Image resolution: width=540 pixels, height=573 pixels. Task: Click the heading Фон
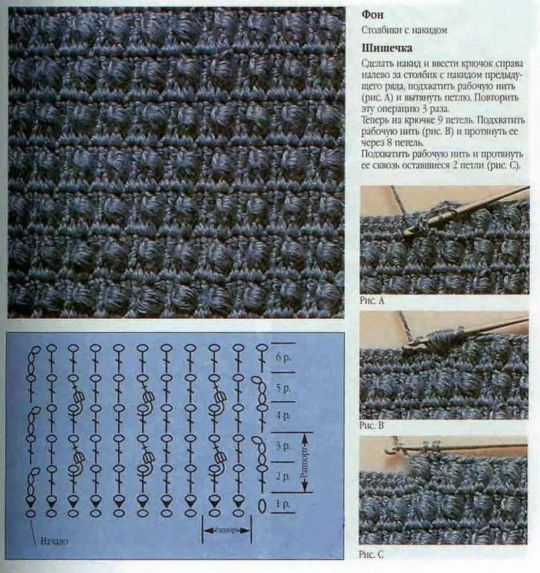click(373, 15)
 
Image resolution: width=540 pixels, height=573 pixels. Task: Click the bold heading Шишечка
click(387, 48)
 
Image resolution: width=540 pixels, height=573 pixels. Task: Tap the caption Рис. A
click(372, 301)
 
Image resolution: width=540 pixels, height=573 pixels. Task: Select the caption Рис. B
click(371, 425)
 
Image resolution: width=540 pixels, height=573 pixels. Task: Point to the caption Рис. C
click(371, 554)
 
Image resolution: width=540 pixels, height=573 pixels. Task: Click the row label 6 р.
click(283, 357)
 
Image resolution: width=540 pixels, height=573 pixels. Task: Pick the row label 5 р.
click(283, 388)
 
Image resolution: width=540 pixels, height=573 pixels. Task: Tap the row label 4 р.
click(283, 416)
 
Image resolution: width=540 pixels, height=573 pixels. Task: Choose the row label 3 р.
click(283, 446)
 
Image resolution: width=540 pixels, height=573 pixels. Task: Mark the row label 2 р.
click(283, 476)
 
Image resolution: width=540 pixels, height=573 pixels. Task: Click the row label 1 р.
click(282, 504)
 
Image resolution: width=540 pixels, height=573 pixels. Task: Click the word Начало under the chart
click(54, 541)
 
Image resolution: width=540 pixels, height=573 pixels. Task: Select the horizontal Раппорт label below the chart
click(227, 529)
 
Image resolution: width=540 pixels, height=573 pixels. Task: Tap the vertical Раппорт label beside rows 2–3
click(305, 462)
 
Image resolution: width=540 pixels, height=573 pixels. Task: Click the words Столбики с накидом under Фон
click(404, 30)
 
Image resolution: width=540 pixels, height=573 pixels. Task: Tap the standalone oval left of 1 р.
click(262, 506)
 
